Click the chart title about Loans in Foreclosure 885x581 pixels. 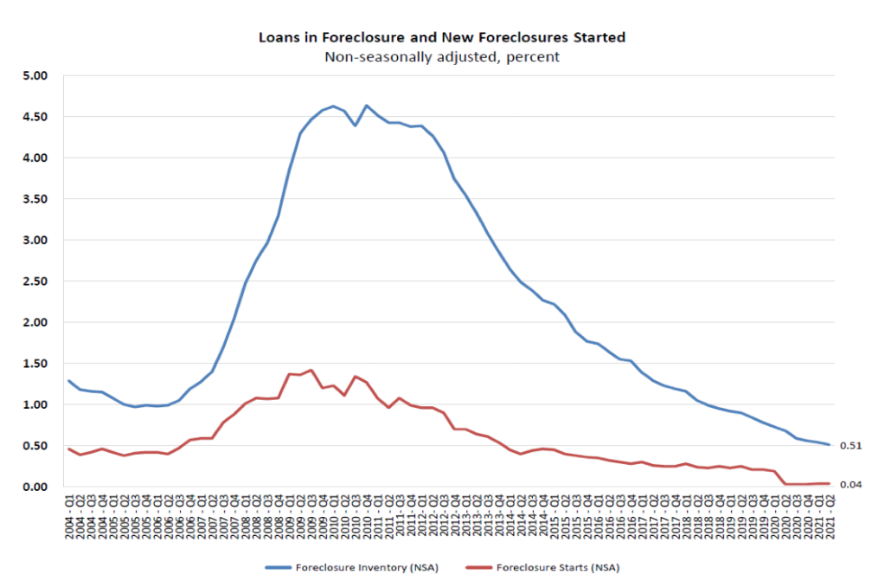(442, 38)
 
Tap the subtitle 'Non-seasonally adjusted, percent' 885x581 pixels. (442, 57)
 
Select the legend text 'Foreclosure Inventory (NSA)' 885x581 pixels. (367, 568)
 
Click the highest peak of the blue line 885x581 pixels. (367, 106)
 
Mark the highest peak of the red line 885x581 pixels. (311, 370)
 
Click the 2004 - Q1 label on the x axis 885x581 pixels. (69, 518)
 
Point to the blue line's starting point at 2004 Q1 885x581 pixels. (69, 381)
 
